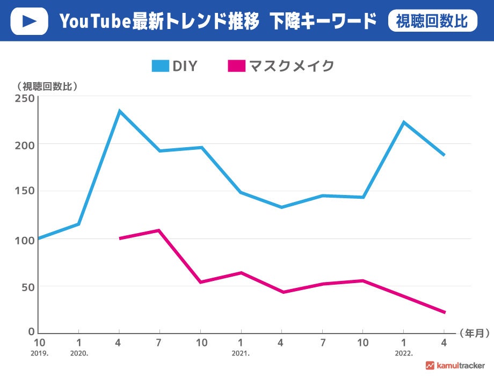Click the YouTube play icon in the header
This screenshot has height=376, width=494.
click(29, 21)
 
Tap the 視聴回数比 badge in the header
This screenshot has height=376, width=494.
click(432, 21)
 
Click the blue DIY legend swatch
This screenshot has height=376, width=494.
click(160, 66)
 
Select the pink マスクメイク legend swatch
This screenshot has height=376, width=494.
click(236, 66)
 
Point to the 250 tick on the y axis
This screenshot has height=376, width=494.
click(25, 98)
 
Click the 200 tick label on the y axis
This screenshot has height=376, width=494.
click(25, 145)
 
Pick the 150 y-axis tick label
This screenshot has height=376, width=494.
click(25, 192)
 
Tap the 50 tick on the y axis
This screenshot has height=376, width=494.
click(27, 286)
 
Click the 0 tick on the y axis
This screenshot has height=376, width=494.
click(32, 332)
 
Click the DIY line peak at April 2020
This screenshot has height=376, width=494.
click(119, 111)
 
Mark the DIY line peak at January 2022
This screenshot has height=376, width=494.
click(403, 122)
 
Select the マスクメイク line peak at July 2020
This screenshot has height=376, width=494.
click(159, 230)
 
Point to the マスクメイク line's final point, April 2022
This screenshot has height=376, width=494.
click(444, 312)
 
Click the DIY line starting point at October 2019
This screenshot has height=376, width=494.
click(39, 238)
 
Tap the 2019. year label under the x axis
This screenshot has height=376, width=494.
click(40, 353)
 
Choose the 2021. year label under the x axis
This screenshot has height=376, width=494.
click(241, 353)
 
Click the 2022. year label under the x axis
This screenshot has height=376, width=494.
click(403, 353)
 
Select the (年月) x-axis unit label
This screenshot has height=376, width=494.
click(475, 334)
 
